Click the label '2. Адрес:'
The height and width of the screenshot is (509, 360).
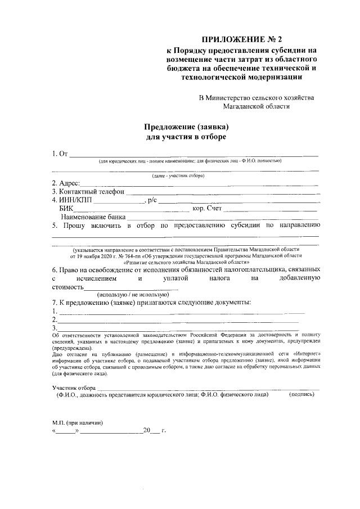point(66,183)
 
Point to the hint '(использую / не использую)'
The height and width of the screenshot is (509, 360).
point(133,294)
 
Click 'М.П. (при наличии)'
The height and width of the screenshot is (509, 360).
point(77,422)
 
